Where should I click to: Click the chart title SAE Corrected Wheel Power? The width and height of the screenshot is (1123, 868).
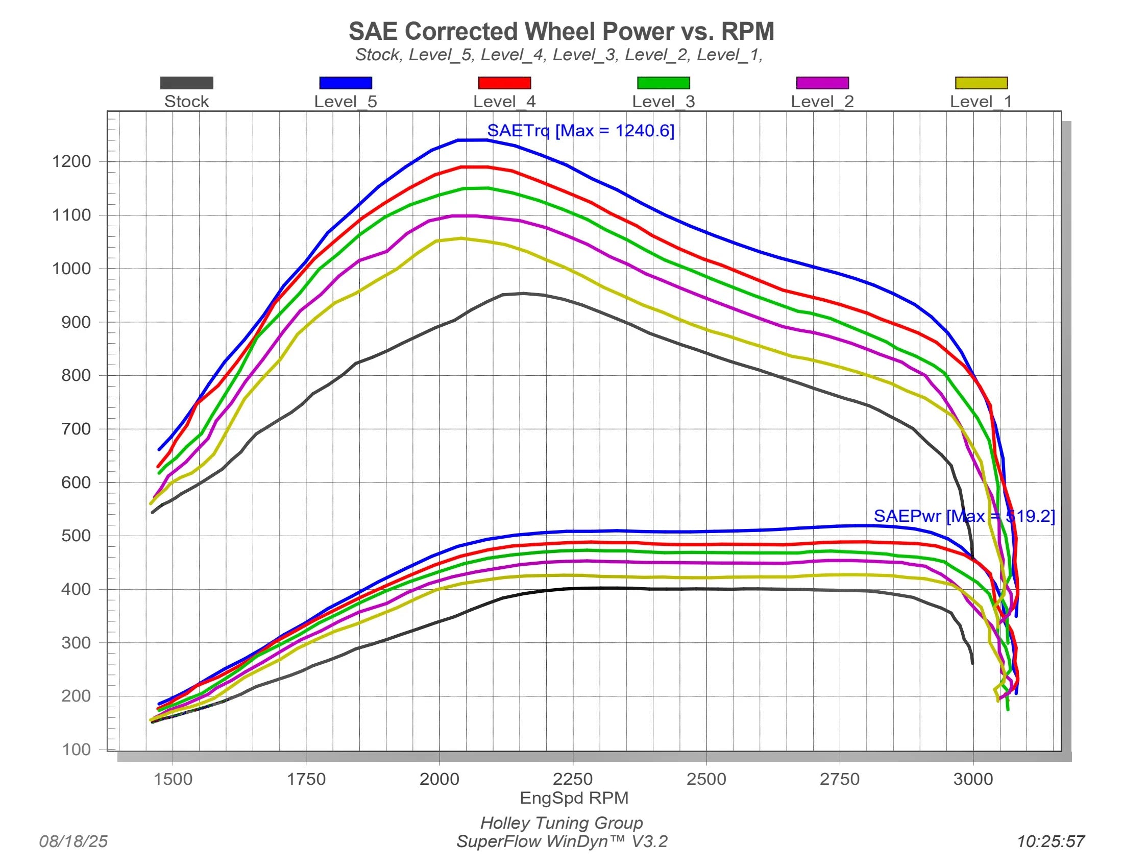(561, 31)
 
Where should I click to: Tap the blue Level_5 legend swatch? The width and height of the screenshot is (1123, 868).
(346, 83)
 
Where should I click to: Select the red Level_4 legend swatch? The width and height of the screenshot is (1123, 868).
(504, 83)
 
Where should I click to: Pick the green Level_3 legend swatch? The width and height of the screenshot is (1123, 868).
(663, 83)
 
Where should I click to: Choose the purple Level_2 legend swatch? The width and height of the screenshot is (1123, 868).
(822, 83)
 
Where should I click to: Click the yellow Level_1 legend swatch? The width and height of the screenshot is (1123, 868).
(981, 83)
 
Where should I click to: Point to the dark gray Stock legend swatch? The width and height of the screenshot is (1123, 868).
(187, 83)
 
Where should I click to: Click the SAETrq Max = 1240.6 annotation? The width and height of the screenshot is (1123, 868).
(580, 131)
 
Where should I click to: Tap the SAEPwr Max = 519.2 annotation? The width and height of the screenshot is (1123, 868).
(964, 516)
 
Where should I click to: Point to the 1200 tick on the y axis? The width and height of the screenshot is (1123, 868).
(71, 161)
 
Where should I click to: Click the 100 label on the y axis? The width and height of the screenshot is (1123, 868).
(76, 749)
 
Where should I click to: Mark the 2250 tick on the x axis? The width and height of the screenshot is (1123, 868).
(573, 779)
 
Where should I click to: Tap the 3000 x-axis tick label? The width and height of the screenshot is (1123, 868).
(973, 779)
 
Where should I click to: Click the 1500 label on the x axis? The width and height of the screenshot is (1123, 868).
(173, 779)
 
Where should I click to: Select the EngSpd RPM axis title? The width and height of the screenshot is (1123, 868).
(574, 798)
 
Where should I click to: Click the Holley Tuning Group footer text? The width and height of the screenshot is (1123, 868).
(561, 823)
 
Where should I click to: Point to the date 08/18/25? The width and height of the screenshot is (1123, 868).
(74, 841)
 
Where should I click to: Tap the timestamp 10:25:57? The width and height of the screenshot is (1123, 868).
(1051, 841)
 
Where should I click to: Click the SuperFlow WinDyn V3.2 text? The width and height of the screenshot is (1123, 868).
(561, 841)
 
